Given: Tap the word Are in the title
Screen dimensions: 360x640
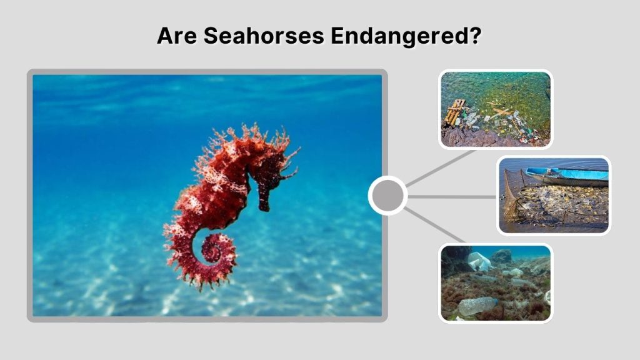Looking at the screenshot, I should [x=177, y=36].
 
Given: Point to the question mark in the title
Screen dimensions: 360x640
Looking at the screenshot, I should [x=474, y=36].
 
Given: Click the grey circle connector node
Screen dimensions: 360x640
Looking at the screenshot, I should [x=387, y=196].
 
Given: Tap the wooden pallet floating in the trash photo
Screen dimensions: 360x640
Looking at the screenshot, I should [x=454, y=112].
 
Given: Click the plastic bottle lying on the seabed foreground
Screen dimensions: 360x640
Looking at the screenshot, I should [x=477, y=306].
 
